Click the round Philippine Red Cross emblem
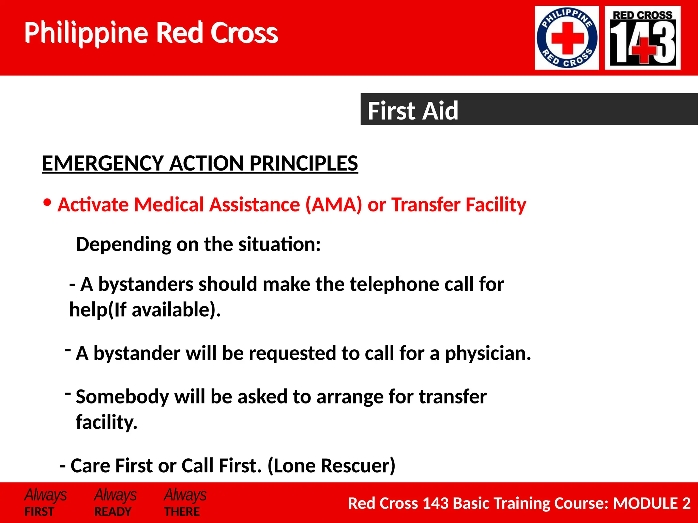click(567, 38)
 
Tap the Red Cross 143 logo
click(642, 38)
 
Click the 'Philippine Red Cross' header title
click(151, 33)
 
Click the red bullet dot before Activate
click(47, 203)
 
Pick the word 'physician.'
click(488, 353)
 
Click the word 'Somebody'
click(122, 397)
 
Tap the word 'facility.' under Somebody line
click(106, 422)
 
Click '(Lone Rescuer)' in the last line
click(331, 465)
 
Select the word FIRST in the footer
click(39, 511)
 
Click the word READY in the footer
click(113, 511)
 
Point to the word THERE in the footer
click(182, 511)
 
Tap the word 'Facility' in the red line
click(496, 205)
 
